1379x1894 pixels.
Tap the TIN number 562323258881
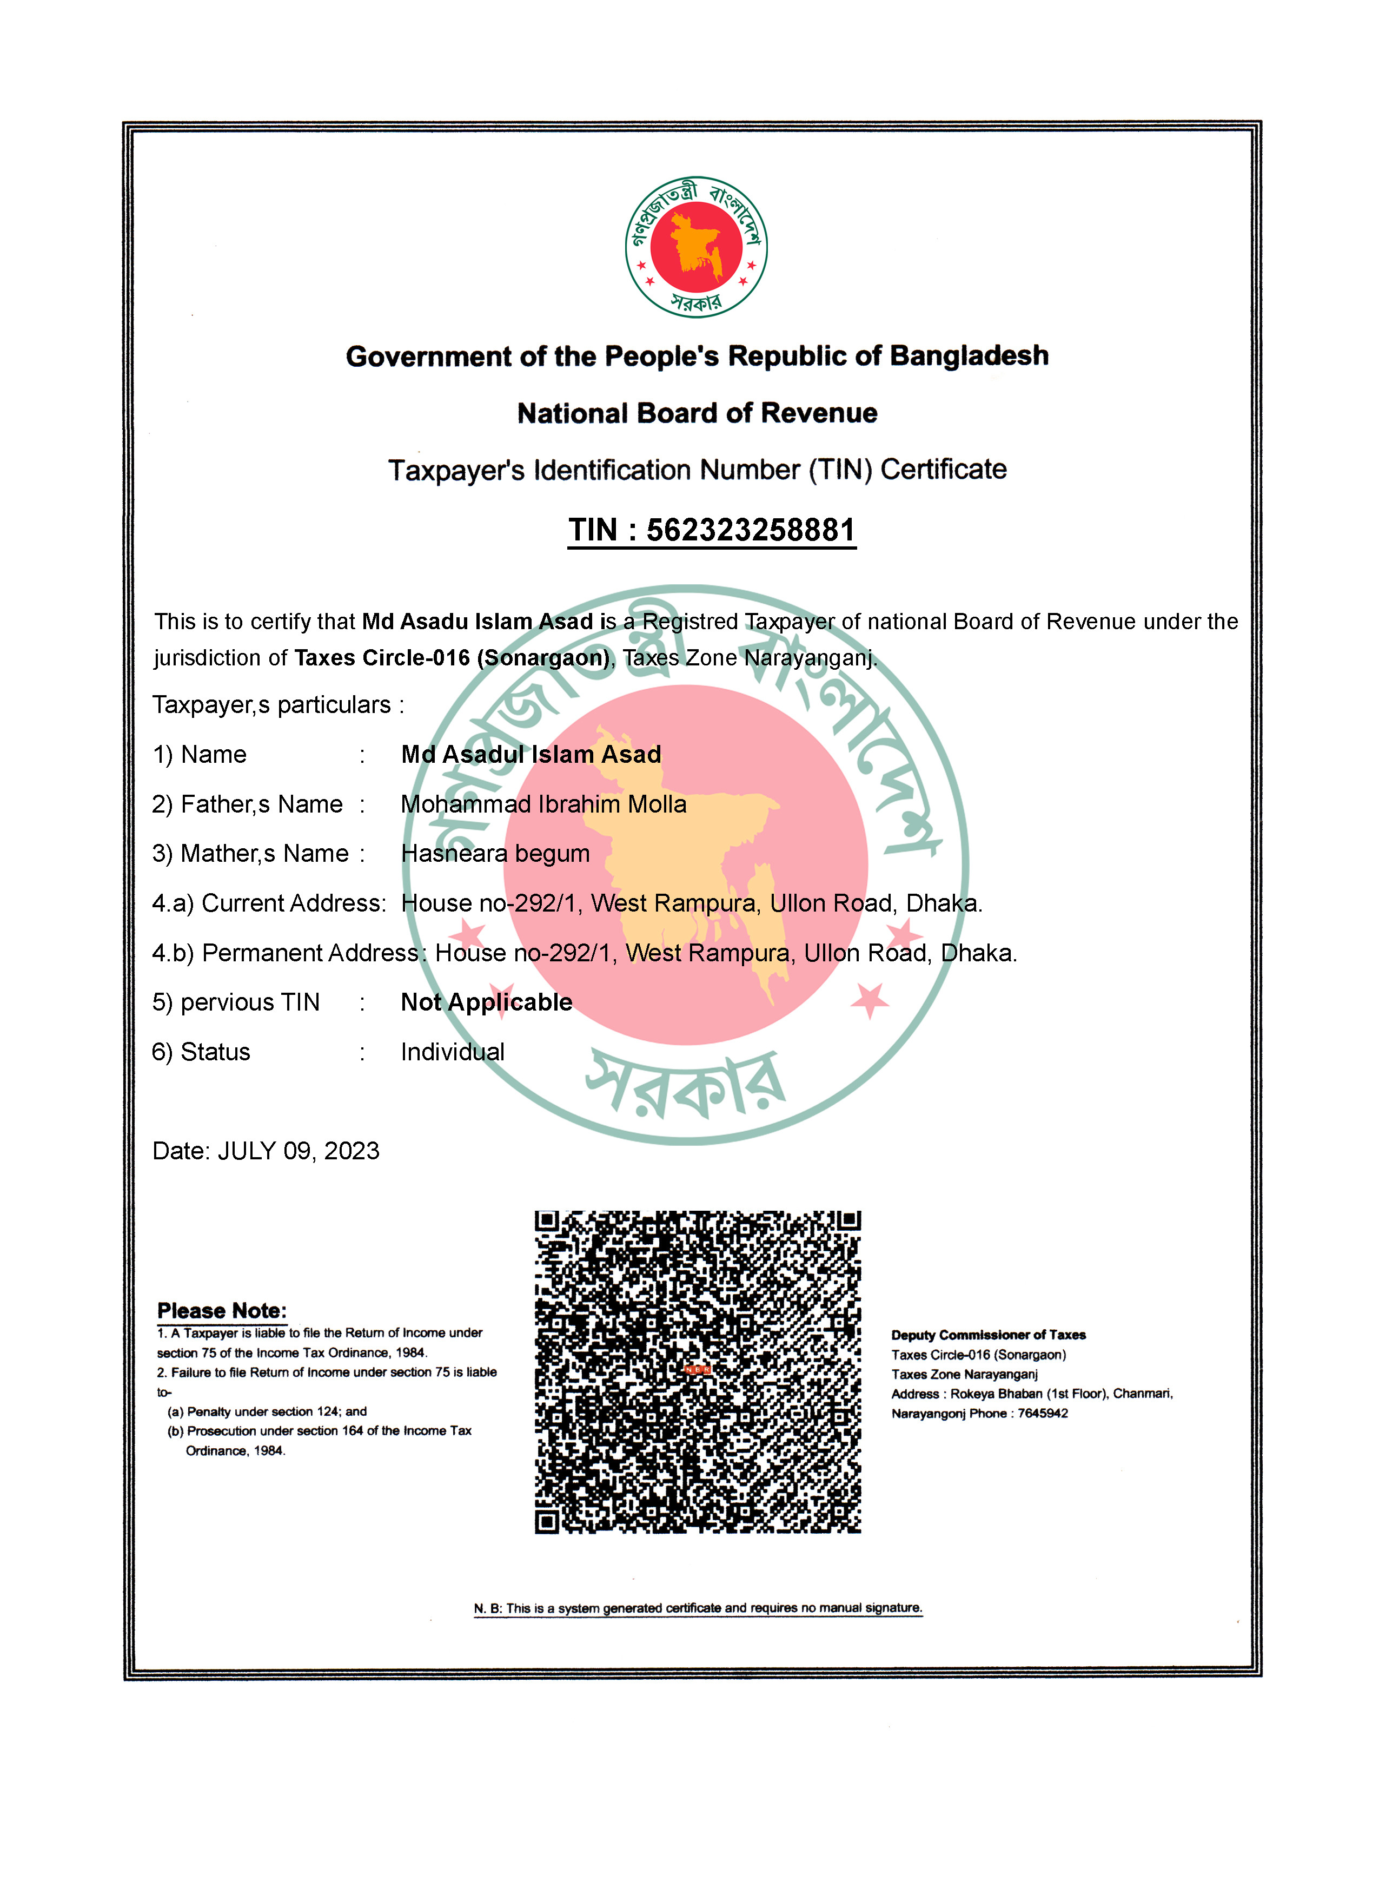pos(751,530)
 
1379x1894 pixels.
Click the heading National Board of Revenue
pos(697,413)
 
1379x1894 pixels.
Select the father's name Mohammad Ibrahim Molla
pos(543,804)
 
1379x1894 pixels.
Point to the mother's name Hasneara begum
pos(495,854)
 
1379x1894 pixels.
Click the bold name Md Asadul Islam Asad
pos(531,754)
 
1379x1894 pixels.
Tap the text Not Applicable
pos(487,1002)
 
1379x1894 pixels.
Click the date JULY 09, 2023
pos(298,1151)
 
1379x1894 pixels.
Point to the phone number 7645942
pos(1043,1413)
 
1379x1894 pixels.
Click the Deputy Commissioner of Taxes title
pos(989,1335)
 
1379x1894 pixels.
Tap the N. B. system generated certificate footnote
pos(698,1608)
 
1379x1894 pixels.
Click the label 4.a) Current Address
pos(269,903)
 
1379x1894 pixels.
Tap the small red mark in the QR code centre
pos(697,1370)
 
